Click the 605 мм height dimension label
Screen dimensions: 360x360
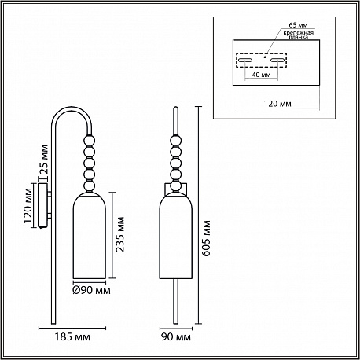click(x=207, y=238)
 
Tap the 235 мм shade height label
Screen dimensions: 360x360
click(x=120, y=234)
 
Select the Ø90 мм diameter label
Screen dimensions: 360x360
click(x=91, y=290)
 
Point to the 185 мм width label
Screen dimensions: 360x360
click(x=72, y=336)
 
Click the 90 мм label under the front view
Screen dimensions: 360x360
click(x=176, y=336)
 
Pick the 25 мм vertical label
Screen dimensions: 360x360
click(x=44, y=160)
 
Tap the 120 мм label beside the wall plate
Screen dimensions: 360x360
click(x=28, y=205)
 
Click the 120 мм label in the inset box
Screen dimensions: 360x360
click(x=277, y=104)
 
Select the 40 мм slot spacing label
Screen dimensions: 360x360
click(x=261, y=75)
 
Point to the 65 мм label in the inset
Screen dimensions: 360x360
click(x=298, y=25)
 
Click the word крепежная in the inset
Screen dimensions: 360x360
click(x=298, y=33)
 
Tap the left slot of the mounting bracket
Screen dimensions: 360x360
click(x=245, y=60)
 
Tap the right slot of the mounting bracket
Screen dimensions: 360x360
click(x=277, y=60)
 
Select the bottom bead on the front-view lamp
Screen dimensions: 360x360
click(x=176, y=186)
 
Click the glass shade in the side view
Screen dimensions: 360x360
click(x=89, y=235)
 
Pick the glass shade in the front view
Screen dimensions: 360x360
click(x=176, y=235)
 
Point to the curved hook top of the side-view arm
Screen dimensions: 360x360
click(x=72, y=108)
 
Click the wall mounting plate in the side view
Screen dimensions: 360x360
click(x=42, y=205)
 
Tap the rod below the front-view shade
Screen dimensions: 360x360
click(x=176, y=301)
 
